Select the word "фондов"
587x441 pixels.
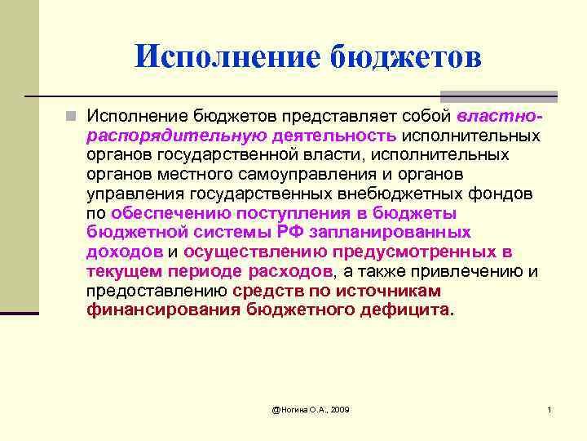(500, 194)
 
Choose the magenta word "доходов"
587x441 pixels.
(125, 252)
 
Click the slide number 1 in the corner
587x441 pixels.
(549, 408)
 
